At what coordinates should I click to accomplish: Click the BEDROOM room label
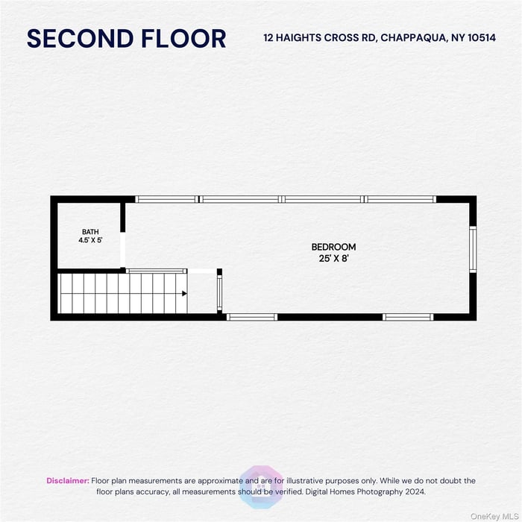pyautogui.click(x=333, y=247)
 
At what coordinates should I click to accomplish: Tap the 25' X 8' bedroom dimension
pyautogui.click(x=333, y=258)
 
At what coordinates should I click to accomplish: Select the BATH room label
pyautogui.click(x=90, y=232)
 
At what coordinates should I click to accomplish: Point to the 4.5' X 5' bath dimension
pyautogui.click(x=90, y=239)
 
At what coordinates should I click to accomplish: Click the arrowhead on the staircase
pyautogui.click(x=184, y=293)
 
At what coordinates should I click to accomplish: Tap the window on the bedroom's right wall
pyautogui.click(x=473, y=249)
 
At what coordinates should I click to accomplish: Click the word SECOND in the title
pyautogui.click(x=80, y=39)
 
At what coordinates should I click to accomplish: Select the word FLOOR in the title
pyautogui.click(x=183, y=39)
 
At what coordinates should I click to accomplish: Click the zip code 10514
pyautogui.click(x=482, y=37)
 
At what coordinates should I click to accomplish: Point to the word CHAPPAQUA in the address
pyautogui.click(x=413, y=38)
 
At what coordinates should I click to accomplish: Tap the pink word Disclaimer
pyautogui.click(x=68, y=481)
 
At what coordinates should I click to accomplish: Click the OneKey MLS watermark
pyautogui.click(x=494, y=516)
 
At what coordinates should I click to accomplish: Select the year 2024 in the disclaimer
pyautogui.click(x=415, y=491)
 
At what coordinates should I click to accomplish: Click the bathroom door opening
pyautogui.click(x=123, y=250)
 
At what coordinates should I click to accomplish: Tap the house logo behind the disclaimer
pyautogui.click(x=261, y=487)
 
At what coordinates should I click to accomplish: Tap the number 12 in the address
pyautogui.click(x=268, y=37)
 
